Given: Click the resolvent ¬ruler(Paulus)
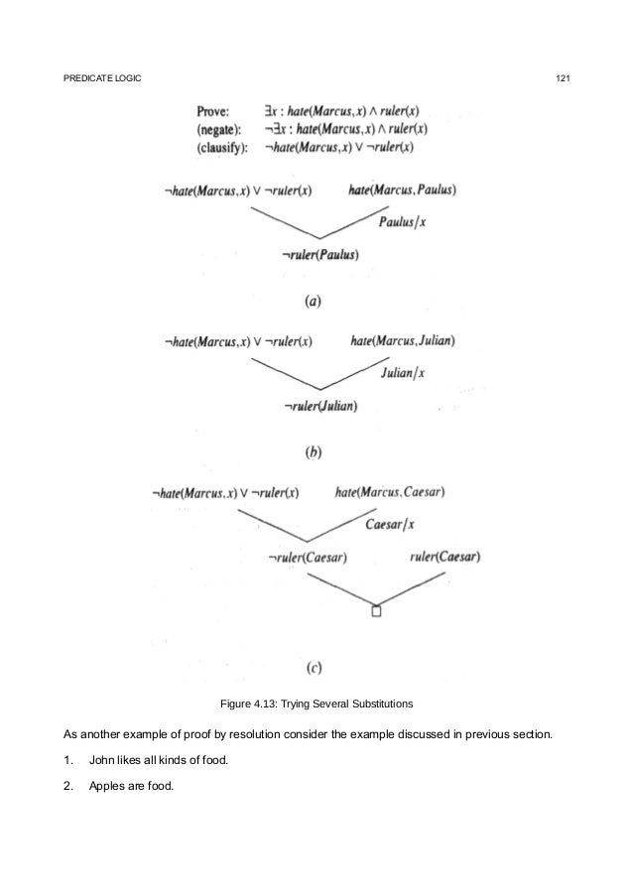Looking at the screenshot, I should (320, 255).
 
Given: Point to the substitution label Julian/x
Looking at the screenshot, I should (402, 373).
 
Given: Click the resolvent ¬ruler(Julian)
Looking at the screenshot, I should (319, 406).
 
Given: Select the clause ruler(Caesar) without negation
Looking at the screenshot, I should (443, 558).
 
